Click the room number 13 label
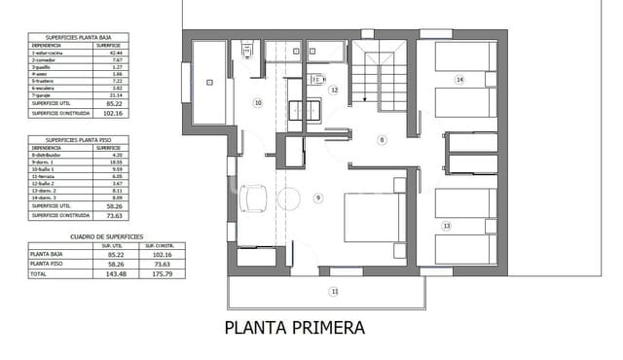pos(447,225)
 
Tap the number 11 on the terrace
pos(334,291)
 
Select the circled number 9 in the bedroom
pos(317,198)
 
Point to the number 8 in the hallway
pos(383,140)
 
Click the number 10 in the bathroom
pos(258,102)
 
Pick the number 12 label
pos(334,90)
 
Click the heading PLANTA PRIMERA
pos(295,328)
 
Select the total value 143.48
pos(110,274)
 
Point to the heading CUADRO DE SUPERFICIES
pos(107,236)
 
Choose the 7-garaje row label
pos(46,95)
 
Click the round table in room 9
pos(288,199)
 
